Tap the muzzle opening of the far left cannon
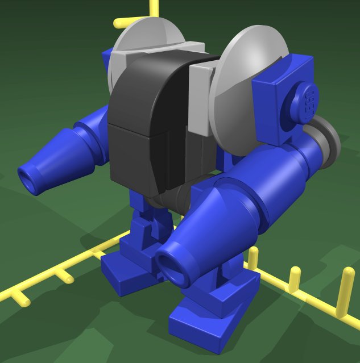coord(27,178)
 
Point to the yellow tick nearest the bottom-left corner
coord(20,298)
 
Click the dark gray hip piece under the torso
coord(171,199)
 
